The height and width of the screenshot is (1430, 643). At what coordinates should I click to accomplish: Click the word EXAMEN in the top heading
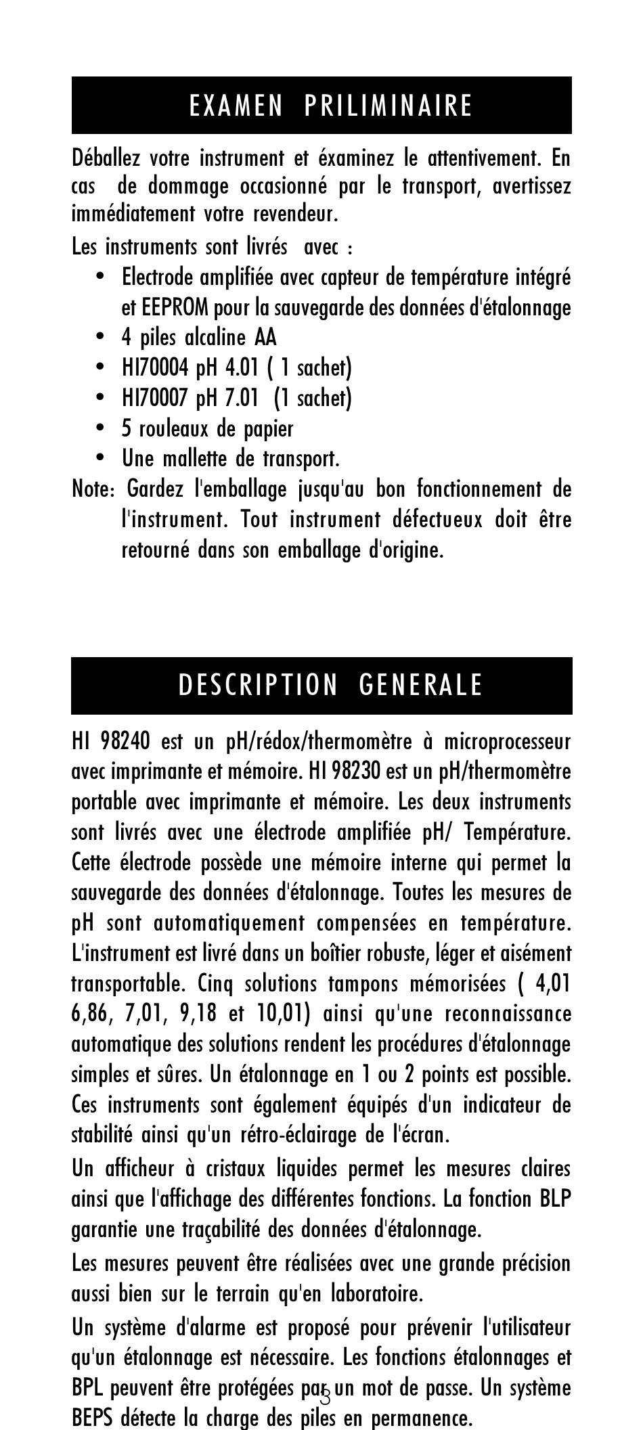(x=236, y=106)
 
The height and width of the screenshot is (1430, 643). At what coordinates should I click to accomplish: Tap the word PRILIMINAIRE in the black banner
(x=388, y=106)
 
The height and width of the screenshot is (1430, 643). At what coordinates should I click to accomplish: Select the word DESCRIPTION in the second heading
(x=257, y=686)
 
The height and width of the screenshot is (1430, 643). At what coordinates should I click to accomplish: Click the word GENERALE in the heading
(x=420, y=686)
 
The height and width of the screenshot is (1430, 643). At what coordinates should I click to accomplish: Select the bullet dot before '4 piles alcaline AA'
(x=101, y=337)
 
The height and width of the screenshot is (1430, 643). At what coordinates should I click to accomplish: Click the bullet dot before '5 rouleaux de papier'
(x=101, y=428)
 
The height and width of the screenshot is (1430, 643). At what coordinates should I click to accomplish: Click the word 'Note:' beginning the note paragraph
(x=93, y=489)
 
